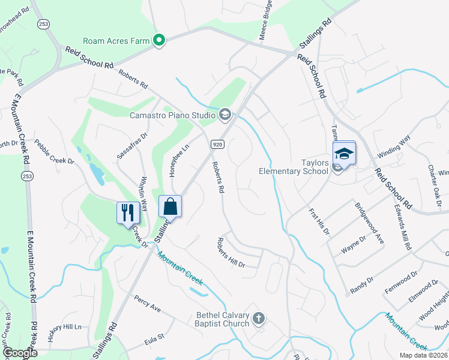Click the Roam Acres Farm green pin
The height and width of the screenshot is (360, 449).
click(159, 41)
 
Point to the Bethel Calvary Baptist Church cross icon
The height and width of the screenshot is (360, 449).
click(259, 317)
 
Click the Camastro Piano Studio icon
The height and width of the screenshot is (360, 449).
click(225, 113)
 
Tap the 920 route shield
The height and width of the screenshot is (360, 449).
click(217, 145)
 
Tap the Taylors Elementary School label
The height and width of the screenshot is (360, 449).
click(293, 166)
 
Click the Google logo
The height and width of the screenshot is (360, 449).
click(19, 353)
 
